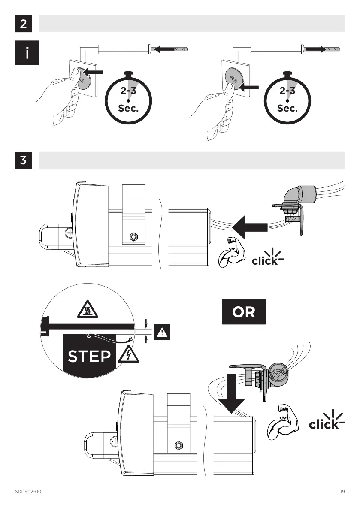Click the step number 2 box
(x=24, y=24)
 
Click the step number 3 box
(x=24, y=160)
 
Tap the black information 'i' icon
(x=27, y=53)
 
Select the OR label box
(x=244, y=312)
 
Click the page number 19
(x=342, y=491)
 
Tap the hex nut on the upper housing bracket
(x=133, y=237)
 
